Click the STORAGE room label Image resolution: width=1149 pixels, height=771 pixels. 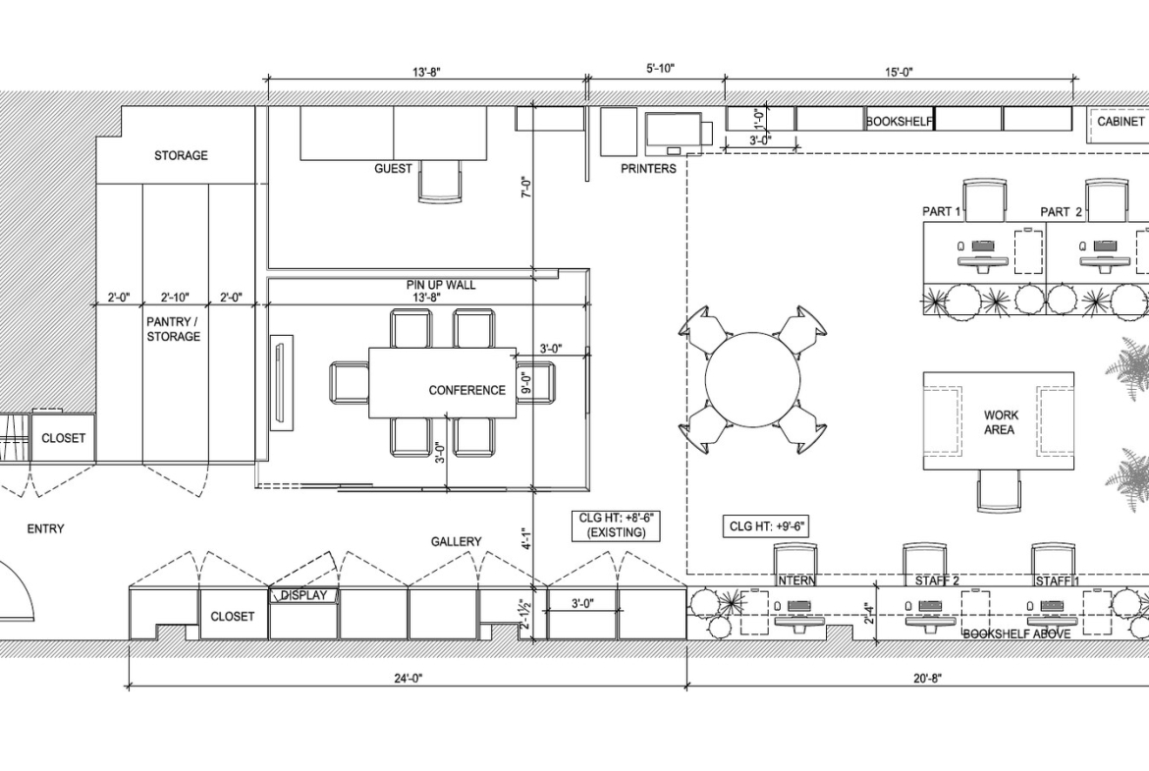(x=181, y=155)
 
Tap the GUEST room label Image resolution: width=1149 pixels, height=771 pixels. (x=393, y=169)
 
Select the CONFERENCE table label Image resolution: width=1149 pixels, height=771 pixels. (x=466, y=390)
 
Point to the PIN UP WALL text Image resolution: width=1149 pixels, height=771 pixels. (x=441, y=285)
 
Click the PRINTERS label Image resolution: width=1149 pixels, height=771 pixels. (x=648, y=169)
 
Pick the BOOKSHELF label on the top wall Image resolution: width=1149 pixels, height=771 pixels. (x=900, y=122)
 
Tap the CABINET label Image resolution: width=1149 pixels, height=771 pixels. (x=1121, y=121)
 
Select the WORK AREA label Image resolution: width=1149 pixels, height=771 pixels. (x=1001, y=422)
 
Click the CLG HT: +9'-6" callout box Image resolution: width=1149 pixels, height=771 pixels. (x=766, y=525)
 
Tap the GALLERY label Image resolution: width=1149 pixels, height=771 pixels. (x=456, y=541)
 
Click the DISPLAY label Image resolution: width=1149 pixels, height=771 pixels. (x=304, y=595)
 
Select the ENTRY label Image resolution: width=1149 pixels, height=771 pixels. (x=45, y=528)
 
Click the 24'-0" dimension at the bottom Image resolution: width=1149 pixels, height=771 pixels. (x=408, y=678)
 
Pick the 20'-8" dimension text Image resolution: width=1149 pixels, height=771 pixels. (x=927, y=678)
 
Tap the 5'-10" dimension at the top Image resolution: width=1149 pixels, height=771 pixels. (x=660, y=69)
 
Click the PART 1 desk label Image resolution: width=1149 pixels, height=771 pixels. (x=942, y=212)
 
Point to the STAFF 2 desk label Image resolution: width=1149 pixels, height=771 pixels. (x=937, y=581)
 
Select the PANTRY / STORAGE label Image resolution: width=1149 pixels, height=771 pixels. (x=173, y=329)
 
